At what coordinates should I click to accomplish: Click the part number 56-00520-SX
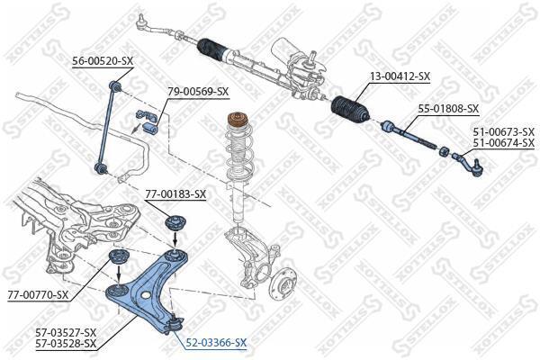pyautogui.click(x=103, y=61)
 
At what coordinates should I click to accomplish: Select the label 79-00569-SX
pyautogui.click(x=198, y=92)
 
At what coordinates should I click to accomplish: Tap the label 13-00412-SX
pyautogui.click(x=400, y=76)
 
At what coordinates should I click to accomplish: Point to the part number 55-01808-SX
pyautogui.click(x=448, y=109)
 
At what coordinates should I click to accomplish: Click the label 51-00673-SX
pyautogui.click(x=503, y=131)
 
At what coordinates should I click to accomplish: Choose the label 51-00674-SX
pyautogui.click(x=503, y=142)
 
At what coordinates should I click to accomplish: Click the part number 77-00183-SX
pyautogui.click(x=175, y=194)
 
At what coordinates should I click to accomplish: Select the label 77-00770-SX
pyautogui.click(x=38, y=295)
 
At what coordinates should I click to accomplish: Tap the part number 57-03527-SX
pyautogui.click(x=66, y=332)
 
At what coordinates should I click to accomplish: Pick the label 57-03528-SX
pyautogui.click(x=66, y=343)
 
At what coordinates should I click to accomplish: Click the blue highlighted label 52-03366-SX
pyautogui.click(x=216, y=342)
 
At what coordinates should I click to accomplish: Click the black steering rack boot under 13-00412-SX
pyautogui.click(x=350, y=109)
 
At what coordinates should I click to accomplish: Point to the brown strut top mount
pyautogui.click(x=238, y=121)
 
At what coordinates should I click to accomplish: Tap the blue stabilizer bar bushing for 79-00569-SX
pyautogui.click(x=150, y=128)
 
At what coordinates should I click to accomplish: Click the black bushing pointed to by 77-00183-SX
pyautogui.click(x=175, y=222)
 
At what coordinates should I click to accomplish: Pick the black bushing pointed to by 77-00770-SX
pyautogui.click(x=119, y=257)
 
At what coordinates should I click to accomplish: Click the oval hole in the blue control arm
pyautogui.click(x=146, y=295)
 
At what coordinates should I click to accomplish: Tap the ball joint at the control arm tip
pyautogui.click(x=174, y=323)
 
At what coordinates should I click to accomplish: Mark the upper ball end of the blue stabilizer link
pyautogui.click(x=114, y=85)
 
